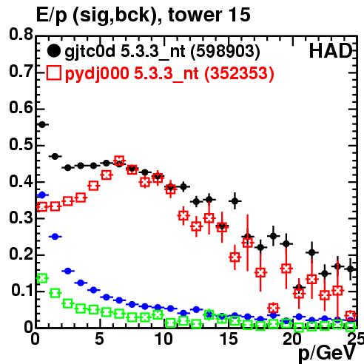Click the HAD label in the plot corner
331,51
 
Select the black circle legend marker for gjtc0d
53,51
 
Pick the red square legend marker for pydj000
53,73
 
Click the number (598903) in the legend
226,51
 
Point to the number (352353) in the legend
239,73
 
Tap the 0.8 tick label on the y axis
21,35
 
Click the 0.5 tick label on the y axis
21,145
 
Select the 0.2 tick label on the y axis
21,254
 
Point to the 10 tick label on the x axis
164,339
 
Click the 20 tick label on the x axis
292,339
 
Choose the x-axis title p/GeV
327,354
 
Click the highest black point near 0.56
42,125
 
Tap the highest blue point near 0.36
42,195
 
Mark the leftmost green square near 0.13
42,278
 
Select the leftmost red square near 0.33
42,206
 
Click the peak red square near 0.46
119,161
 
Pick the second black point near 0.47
55,156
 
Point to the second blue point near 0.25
55,237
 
